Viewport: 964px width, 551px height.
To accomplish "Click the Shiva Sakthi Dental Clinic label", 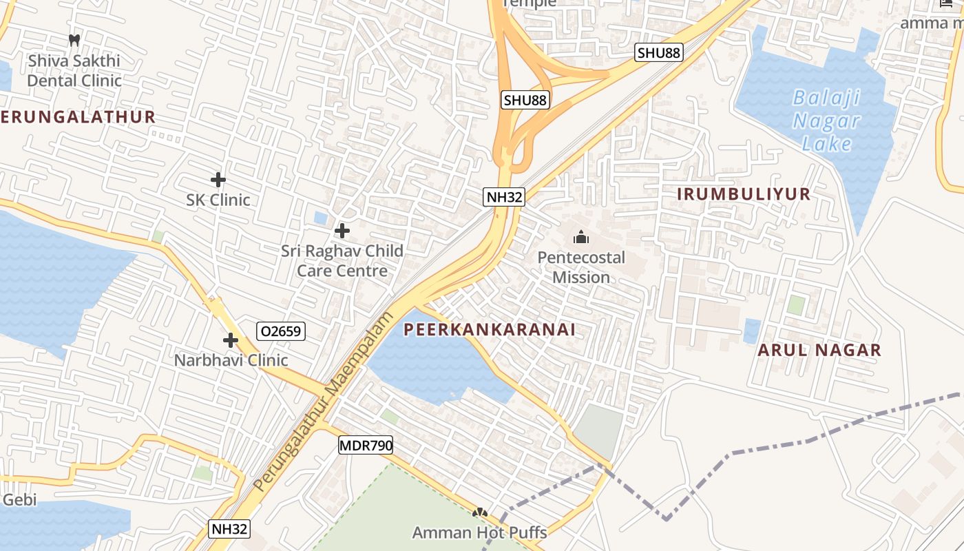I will click(x=74, y=70).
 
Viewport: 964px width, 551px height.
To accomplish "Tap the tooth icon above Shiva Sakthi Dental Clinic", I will click(x=74, y=41).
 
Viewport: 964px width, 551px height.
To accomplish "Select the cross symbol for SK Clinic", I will click(x=218, y=180).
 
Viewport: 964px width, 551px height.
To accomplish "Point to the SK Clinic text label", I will click(x=218, y=200).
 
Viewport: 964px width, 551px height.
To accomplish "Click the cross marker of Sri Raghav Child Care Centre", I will click(x=342, y=231).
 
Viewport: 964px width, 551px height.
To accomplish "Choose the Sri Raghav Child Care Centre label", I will click(x=342, y=260).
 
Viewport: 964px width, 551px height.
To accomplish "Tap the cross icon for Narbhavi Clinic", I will click(x=231, y=340).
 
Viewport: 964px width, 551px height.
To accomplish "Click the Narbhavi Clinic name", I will click(x=231, y=360).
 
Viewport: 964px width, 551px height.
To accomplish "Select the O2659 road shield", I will click(x=280, y=331).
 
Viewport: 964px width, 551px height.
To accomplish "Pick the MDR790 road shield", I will click(x=366, y=446).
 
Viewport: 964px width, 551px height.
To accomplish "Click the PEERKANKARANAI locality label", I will click(x=490, y=330).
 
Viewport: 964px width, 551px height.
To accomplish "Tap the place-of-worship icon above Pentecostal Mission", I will click(x=581, y=238).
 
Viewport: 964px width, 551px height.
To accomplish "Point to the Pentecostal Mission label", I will click(x=581, y=267).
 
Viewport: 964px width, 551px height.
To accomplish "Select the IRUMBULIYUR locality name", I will click(x=744, y=194).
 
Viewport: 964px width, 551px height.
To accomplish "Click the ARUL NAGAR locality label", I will click(x=819, y=350).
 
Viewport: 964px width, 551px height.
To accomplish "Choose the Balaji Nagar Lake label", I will click(x=826, y=121).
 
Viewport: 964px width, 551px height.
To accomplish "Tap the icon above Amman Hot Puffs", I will click(x=480, y=512).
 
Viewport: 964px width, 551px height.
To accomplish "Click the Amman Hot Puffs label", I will click(x=480, y=532).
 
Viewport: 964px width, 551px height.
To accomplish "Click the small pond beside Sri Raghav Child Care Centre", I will click(x=321, y=218).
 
